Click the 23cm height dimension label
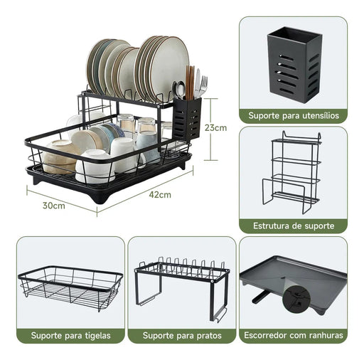216,128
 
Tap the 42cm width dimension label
160,194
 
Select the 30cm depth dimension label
54,206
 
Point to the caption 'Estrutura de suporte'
293,226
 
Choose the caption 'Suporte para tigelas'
70,335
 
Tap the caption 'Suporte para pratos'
181,335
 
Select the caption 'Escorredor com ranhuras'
293,335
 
